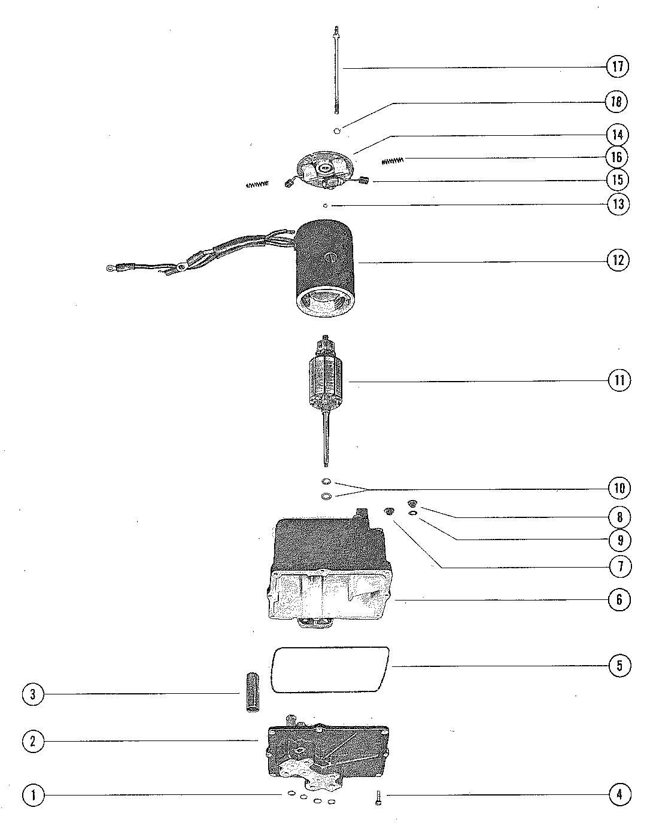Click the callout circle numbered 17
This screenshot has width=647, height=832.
click(617, 66)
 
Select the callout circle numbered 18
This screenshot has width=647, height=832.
click(617, 102)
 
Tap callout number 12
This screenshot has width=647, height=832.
click(618, 261)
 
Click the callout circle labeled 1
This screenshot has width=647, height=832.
click(33, 796)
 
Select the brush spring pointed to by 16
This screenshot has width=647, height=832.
click(394, 160)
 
